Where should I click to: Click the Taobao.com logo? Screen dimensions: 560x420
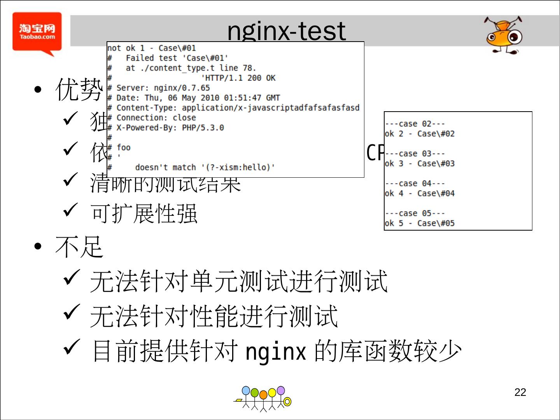37,33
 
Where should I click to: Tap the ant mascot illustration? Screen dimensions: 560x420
504,35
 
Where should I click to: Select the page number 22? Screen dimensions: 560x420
520,392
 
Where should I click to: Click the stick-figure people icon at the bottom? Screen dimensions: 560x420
263,399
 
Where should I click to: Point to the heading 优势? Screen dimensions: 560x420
79,89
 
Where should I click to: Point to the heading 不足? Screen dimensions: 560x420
79,247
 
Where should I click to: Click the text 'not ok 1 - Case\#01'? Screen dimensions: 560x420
152,48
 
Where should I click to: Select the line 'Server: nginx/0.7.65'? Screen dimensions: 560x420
163,88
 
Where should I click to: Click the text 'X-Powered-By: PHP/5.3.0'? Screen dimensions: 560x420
170,128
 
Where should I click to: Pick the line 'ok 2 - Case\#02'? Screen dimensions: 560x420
420,134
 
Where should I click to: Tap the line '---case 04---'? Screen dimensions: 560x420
415,183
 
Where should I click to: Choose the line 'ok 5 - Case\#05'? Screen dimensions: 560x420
420,223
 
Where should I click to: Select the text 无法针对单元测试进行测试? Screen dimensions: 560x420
238,281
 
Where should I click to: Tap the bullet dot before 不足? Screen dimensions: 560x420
38,247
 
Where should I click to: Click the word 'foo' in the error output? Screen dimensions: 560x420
124,147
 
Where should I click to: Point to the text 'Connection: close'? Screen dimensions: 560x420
156,117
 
